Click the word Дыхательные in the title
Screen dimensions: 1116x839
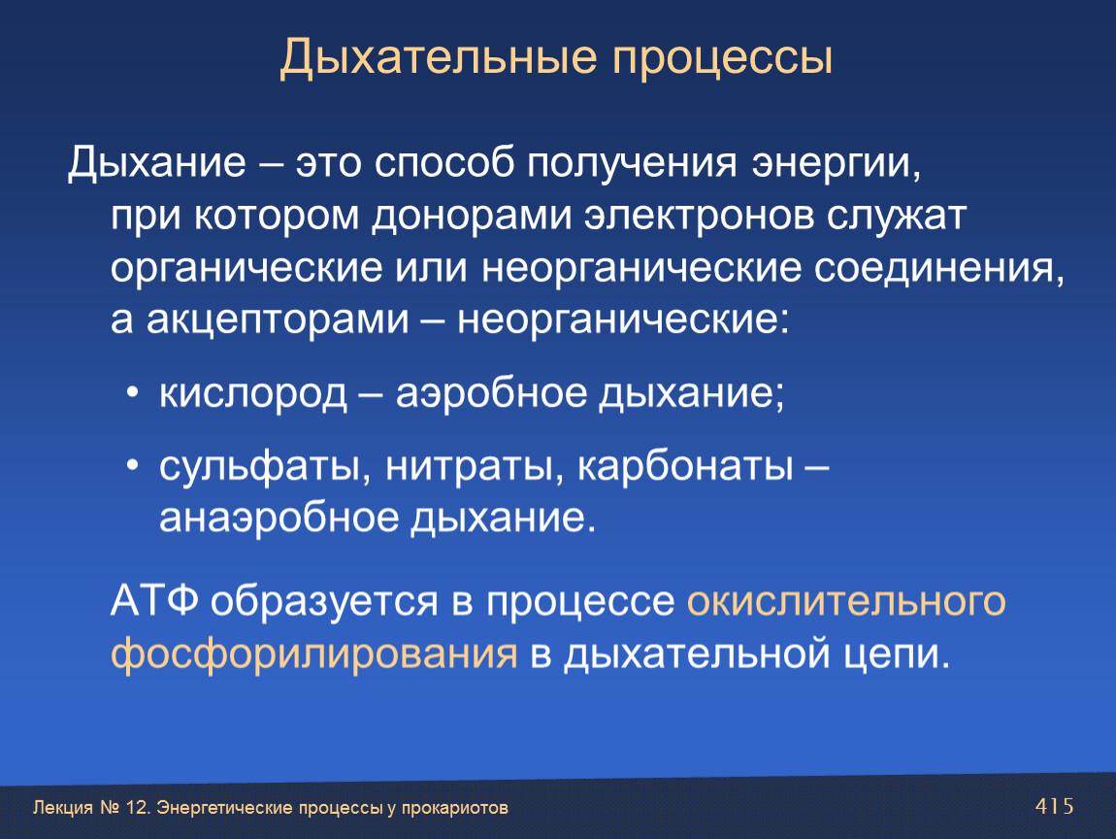tap(438, 57)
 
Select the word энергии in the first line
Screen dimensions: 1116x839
tap(837, 164)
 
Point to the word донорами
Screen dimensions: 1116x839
tap(472, 216)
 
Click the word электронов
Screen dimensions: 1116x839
tap(699, 216)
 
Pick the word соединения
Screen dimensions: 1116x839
tap(939, 269)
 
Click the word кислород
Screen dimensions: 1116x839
tap(253, 394)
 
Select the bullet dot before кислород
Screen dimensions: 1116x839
tap(132, 393)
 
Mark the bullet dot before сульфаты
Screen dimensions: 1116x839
tap(132, 466)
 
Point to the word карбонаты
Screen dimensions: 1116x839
tap(685, 467)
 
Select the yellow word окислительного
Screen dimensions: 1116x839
tap(846, 602)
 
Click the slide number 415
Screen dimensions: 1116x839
tap(1054, 806)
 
